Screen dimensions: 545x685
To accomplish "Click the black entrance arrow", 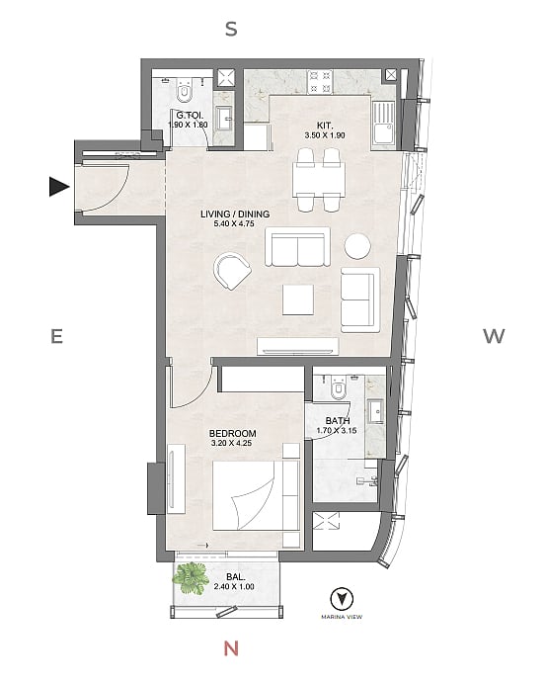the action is [59, 187].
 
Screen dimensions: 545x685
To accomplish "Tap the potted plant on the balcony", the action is [191, 579].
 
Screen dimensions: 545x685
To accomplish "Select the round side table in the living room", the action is [357, 246].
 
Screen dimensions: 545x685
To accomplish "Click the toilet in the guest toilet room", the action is [185, 90].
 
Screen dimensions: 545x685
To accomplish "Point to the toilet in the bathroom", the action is [339, 387].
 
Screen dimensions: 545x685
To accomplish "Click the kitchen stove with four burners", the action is [320, 82].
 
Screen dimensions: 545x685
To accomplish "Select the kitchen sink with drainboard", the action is [384, 125].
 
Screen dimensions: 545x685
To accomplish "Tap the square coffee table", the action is [297, 300].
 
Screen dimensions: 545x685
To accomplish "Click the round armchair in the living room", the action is [232, 271].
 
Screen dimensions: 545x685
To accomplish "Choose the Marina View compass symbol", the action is [342, 599].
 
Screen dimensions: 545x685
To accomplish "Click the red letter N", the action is [231, 648].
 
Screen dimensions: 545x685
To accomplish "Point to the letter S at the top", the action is [231, 29].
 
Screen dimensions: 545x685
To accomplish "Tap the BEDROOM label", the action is [233, 433].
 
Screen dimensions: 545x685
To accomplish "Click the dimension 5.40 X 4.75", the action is [234, 223].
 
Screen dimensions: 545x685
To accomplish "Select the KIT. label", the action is [325, 127].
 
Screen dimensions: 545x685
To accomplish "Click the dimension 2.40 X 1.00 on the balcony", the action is [234, 587].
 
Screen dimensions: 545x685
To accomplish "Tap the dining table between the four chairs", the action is [320, 179].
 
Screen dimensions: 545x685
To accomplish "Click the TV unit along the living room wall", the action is [298, 346].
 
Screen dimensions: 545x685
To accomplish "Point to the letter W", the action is [494, 336].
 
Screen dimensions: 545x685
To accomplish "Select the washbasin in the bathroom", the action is [375, 411].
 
